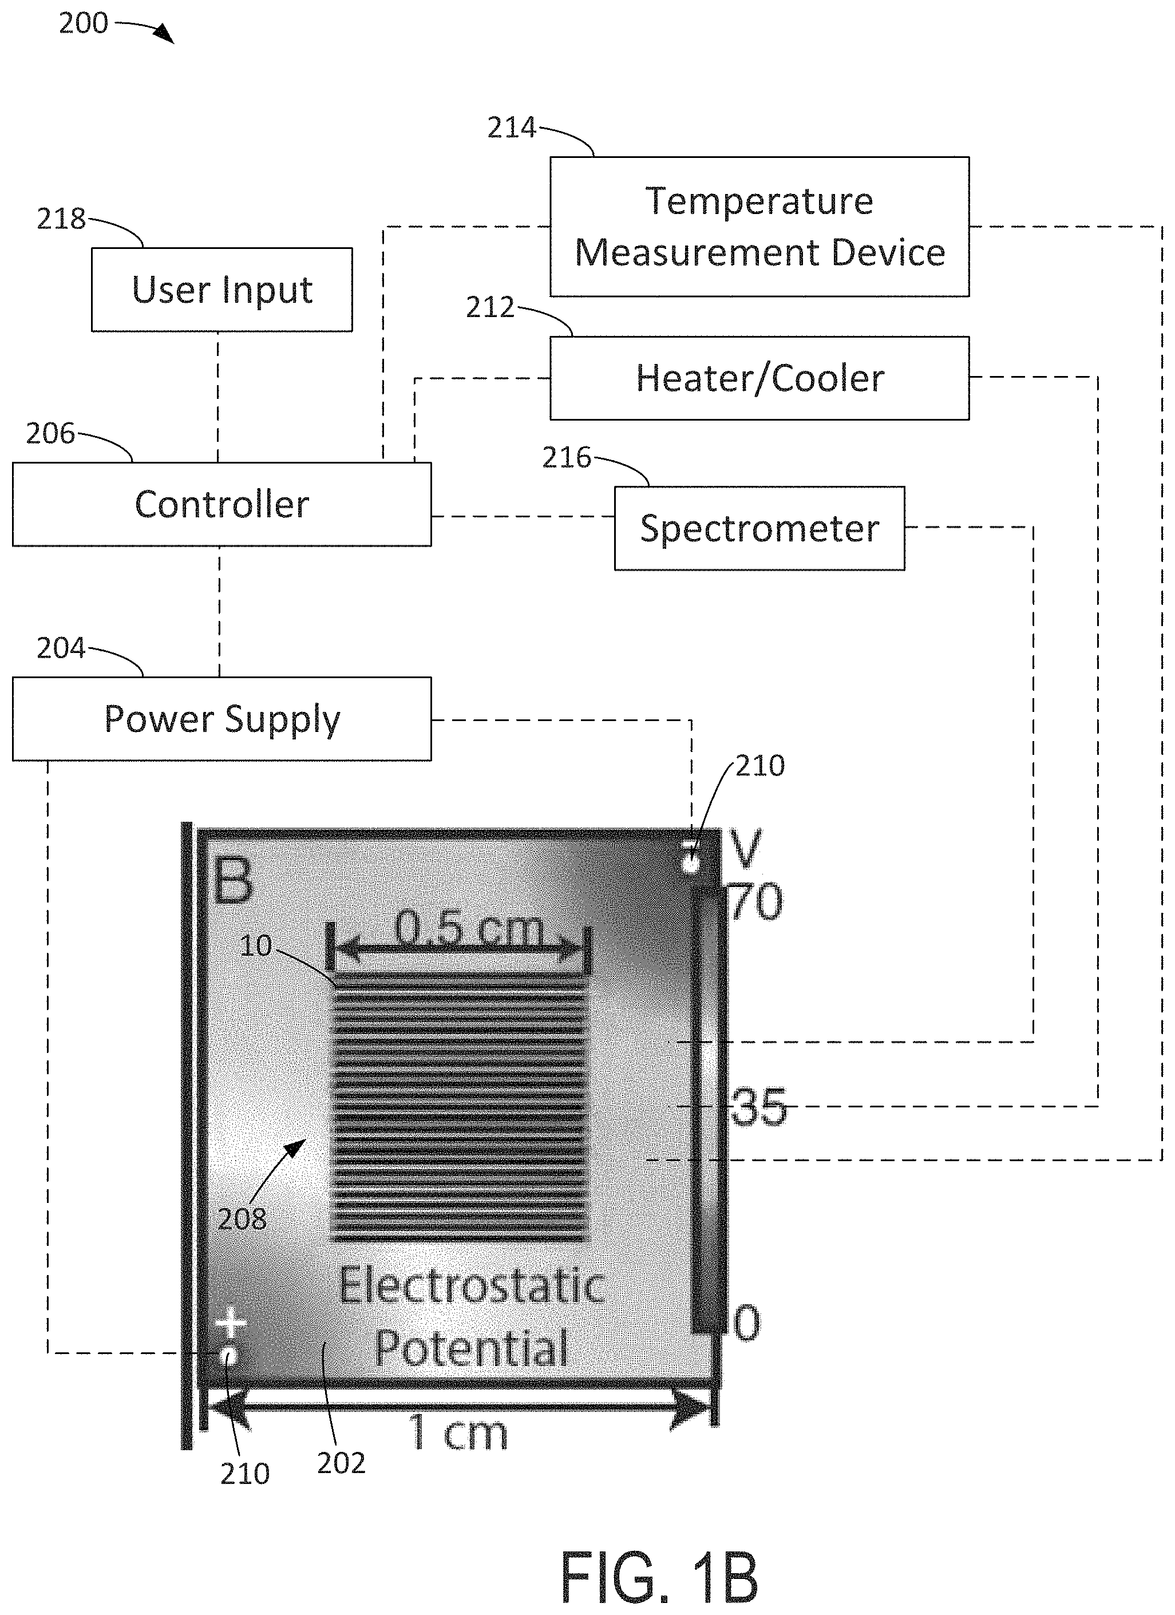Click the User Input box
221,289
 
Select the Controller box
221,504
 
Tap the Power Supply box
221,718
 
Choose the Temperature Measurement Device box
759,227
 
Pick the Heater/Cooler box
759,378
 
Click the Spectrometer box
759,528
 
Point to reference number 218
61,219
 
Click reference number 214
511,128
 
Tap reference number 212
490,308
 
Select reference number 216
567,458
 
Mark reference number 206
50,434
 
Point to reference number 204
61,649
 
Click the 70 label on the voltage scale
756,902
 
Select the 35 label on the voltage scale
759,1107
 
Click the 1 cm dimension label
458,1432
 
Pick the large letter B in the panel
233,881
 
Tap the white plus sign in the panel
231,1324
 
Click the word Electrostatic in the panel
472,1286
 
